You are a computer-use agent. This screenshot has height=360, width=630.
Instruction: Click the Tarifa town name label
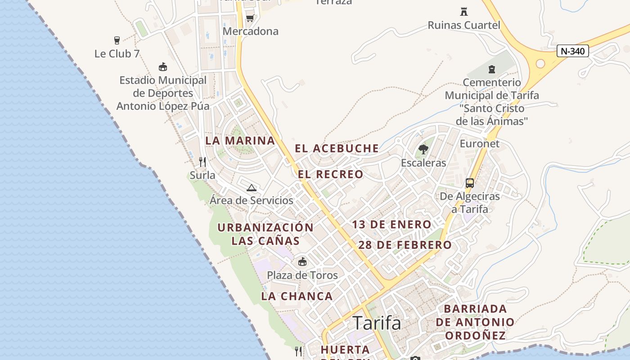[x=377, y=323]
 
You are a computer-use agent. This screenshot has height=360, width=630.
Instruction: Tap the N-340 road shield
[x=573, y=51]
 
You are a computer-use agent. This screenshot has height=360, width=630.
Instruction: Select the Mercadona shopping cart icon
[x=250, y=18]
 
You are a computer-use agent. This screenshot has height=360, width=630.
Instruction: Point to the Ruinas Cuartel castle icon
[x=463, y=11]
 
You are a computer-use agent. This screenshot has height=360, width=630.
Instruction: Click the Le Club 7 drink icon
[x=117, y=40]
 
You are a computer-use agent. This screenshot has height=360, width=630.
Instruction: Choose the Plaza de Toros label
[x=302, y=275]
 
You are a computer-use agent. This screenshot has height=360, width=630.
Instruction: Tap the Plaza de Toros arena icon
[x=302, y=261]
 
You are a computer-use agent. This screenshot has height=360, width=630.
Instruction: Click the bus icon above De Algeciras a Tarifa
[x=470, y=183]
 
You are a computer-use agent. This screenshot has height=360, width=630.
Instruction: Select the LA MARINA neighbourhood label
[x=240, y=140]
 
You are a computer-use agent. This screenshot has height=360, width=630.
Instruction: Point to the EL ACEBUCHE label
[x=337, y=148]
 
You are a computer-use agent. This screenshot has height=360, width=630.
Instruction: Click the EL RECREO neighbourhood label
[x=330, y=174]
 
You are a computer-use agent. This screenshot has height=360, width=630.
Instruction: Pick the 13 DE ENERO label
[x=391, y=225]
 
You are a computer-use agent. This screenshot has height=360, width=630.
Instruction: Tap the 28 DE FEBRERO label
[x=405, y=245]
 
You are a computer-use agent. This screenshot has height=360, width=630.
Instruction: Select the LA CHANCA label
[x=297, y=296]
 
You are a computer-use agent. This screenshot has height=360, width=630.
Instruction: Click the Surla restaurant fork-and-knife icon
[x=202, y=162]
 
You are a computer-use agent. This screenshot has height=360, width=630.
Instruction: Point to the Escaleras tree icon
[x=423, y=149]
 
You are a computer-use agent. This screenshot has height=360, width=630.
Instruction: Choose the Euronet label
[x=479, y=144]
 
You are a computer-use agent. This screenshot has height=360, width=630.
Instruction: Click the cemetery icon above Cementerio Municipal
[x=492, y=69]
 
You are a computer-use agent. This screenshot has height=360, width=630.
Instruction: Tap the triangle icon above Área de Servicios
[x=251, y=188]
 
